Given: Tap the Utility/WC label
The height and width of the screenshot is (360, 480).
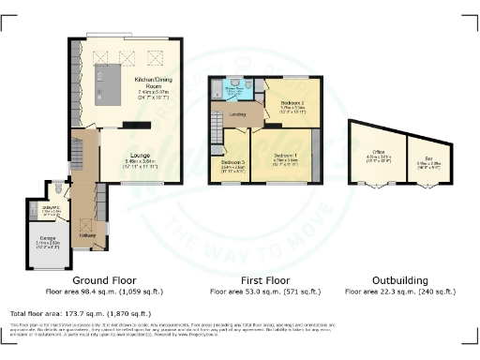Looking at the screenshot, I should [x=52, y=209].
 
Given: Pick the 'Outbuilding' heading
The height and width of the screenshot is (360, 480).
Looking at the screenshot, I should [x=399, y=279].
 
